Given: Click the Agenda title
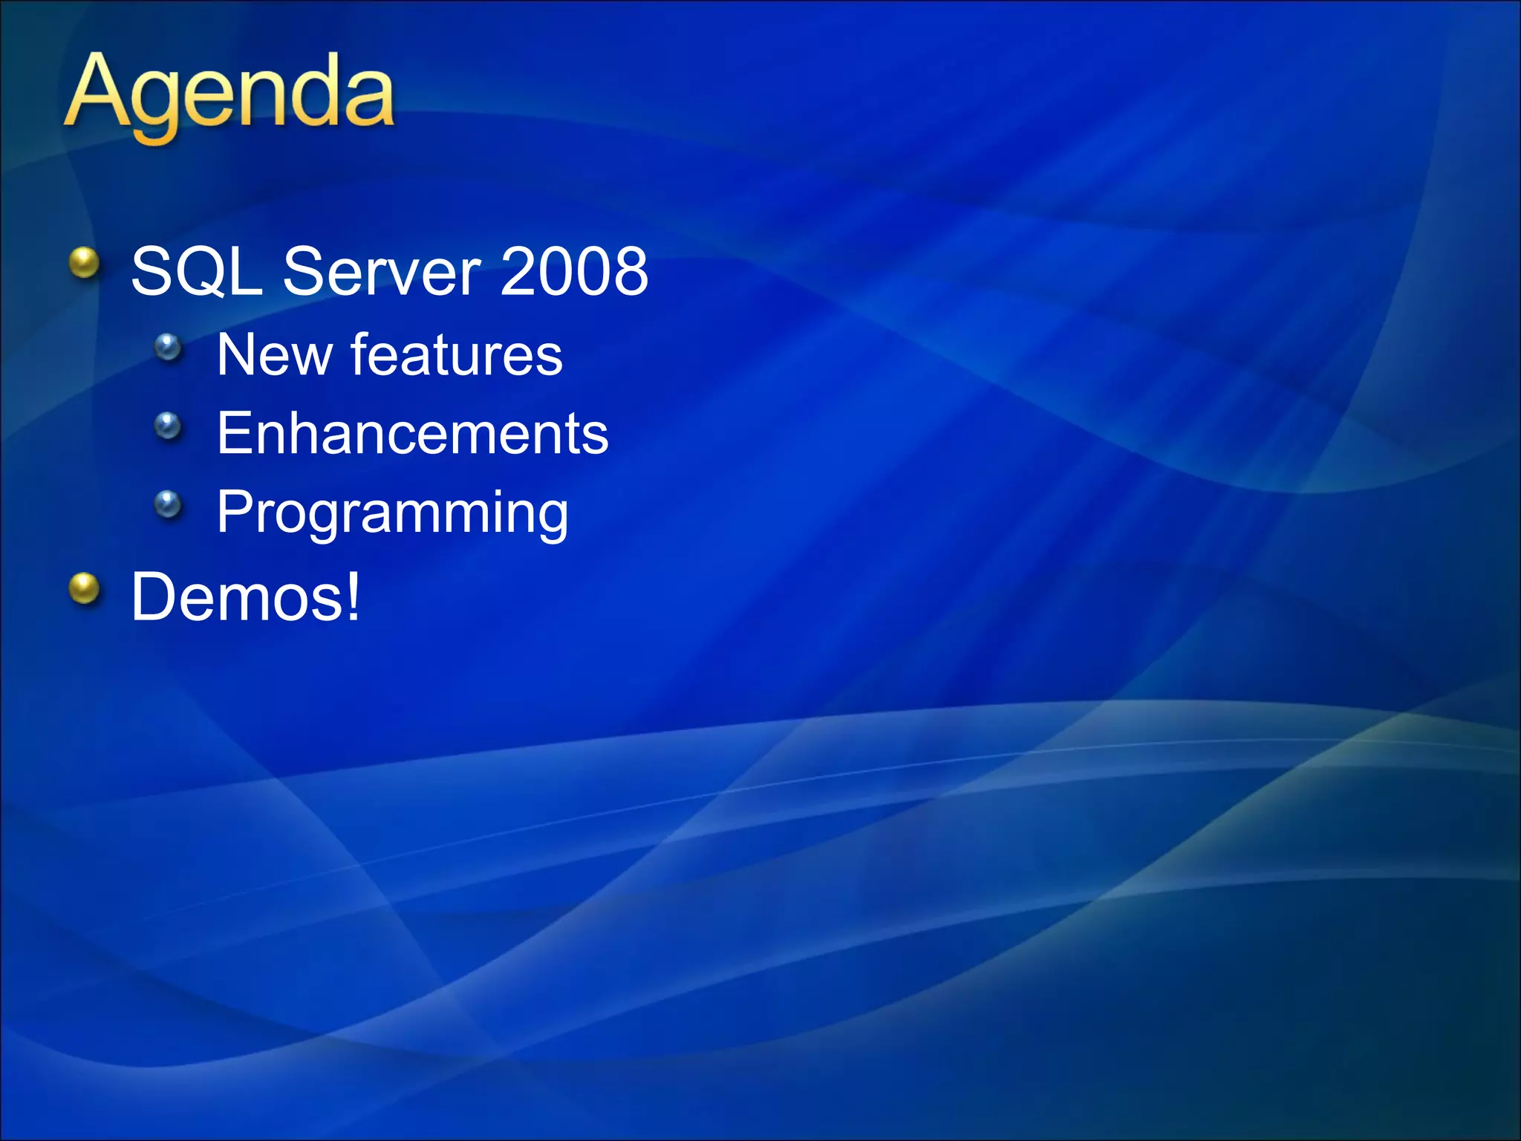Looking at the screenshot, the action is pyautogui.click(x=229, y=95).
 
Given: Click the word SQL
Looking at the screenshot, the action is pyautogui.click(x=196, y=272).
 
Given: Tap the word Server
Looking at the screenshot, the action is pyautogui.click(x=382, y=272).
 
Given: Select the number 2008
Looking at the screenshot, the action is pyautogui.click(x=574, y=272).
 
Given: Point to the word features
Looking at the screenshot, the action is pyautogui.click(x=456, y=355).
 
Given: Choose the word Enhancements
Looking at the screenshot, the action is pyautogui.click(x=412, y=434).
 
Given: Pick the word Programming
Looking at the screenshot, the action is pyautogui.click(x=392, y=513).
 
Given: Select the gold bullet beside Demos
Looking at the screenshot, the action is pyautogui.click(x=85, y=588).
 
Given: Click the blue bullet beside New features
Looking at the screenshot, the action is pyautogui.click(x=169, y=347).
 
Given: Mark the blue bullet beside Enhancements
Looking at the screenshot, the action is pyautogui.click(x=169, y=426).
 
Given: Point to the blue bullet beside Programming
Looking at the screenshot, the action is pyautogui.click(x=169, y=504).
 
